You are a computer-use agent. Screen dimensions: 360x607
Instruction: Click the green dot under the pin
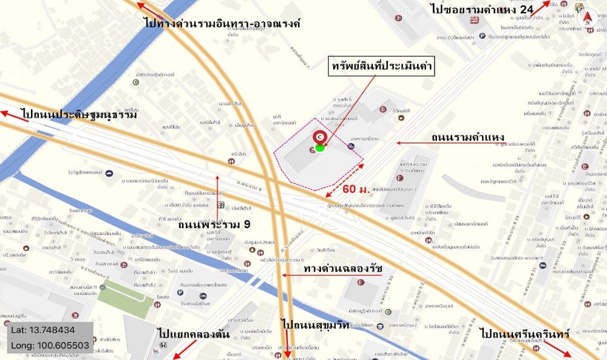coord(320,148)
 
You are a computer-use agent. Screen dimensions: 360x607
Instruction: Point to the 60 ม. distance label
coord(356,189)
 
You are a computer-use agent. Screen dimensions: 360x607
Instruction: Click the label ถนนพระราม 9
coord(214,224)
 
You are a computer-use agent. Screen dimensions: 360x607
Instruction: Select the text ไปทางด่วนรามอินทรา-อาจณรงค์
coord(222,24)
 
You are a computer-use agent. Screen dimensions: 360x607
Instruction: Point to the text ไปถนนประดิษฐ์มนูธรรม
coord(78,114)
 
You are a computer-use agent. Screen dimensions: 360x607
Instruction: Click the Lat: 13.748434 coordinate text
coord(42,330)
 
